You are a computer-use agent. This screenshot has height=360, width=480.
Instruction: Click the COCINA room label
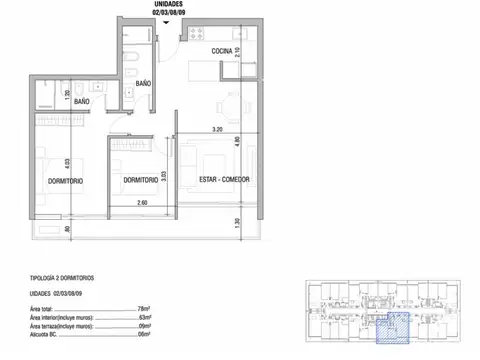222,51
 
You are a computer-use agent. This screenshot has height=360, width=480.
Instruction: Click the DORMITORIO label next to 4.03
49,180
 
